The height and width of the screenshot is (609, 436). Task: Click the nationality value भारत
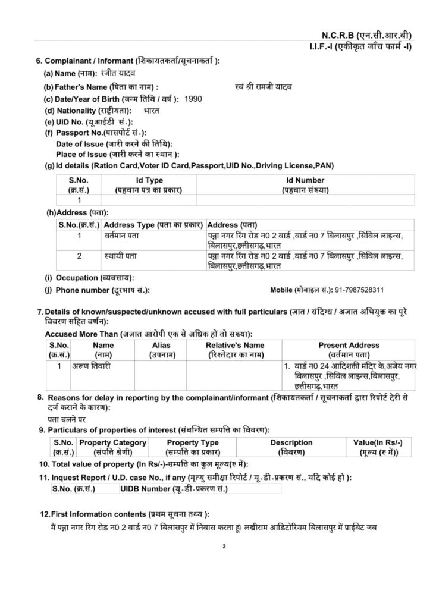152,111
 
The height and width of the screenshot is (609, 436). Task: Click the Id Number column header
305,184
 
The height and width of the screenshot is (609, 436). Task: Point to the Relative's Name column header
235,349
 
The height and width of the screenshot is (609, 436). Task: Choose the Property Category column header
112,447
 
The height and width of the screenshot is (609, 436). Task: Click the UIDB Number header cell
173,489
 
